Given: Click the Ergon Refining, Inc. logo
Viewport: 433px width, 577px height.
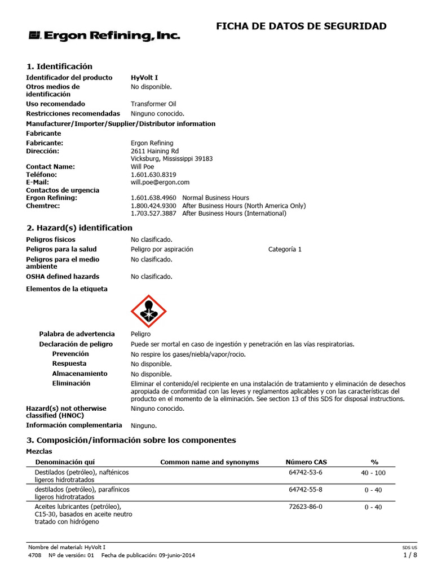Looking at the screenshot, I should click(104, 36).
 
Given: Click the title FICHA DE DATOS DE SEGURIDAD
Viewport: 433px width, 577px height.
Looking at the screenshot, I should click(302, 26).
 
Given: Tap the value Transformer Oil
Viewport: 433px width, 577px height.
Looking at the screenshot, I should click(153, 104).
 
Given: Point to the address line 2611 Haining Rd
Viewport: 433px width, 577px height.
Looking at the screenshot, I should click(155, 151).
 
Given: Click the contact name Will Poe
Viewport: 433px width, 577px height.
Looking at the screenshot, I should click(143, 167).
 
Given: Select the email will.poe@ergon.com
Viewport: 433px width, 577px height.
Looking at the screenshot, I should click(160, 183).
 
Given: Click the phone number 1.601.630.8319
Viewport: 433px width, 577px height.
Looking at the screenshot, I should click(153, 175).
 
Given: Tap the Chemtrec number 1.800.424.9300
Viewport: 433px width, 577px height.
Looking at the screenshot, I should click(153, 206).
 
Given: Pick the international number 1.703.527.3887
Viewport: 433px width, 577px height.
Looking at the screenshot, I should click(153, 214).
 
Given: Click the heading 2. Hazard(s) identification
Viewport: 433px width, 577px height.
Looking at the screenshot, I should click(79, 228).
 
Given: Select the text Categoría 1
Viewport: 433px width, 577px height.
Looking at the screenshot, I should click(285, 249).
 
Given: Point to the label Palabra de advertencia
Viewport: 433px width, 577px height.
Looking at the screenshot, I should click(77, 334).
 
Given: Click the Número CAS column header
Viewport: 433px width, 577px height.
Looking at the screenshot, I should click(306, 462).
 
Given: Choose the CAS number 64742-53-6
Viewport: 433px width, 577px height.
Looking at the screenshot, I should click(306, 472).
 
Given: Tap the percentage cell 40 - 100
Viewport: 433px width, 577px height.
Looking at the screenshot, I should click(373, 473).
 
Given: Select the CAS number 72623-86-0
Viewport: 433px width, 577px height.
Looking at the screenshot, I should click(306, 507).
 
